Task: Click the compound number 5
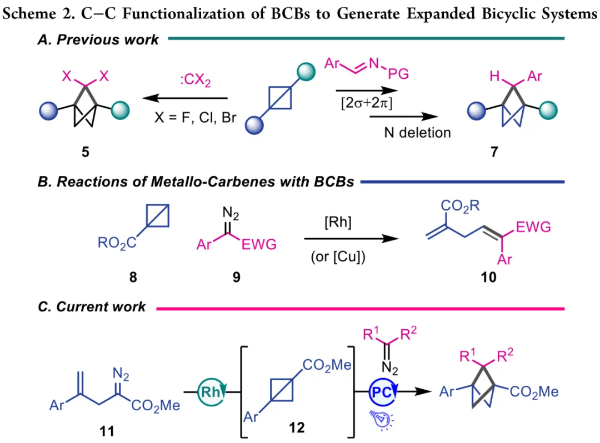click(85, 152)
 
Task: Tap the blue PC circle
click(383, 391)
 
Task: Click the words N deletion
click(417, 132)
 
